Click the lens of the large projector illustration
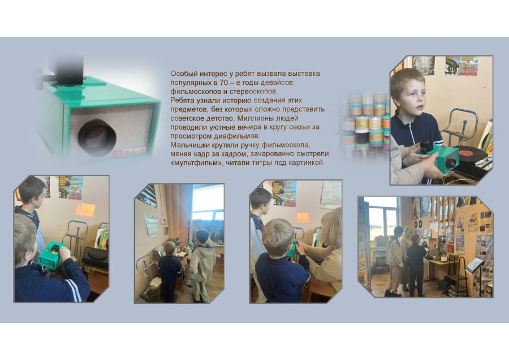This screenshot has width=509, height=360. (x=97, y=138)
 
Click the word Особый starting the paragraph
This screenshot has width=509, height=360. (x=182, y=74)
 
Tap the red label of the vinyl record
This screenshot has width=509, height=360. (x=465, y=151)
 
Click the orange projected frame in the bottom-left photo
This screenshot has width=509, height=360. (x=85, y=209)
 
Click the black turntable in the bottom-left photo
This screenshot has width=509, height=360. (x=96, y=256)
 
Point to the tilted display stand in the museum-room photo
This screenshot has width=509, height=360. (x=475, y=265)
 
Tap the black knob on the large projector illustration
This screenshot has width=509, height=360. (x=39, y=78)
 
